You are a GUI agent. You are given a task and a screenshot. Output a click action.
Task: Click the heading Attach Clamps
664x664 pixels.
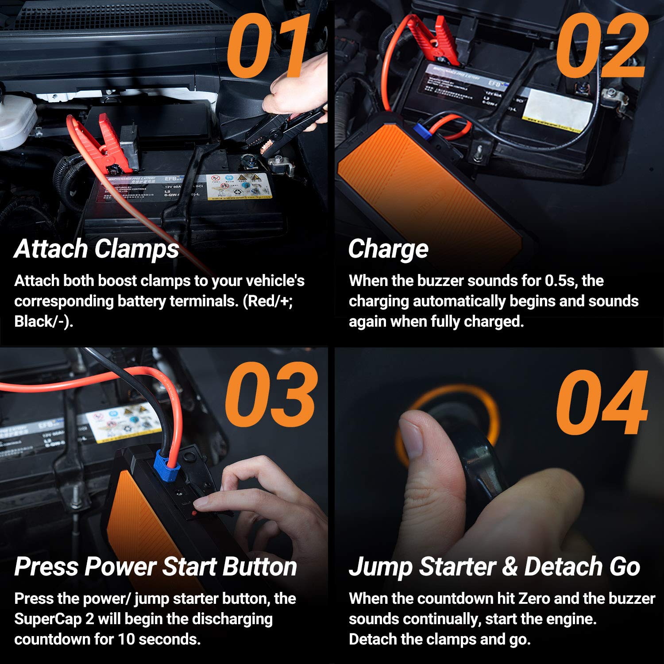(x=97, y=249)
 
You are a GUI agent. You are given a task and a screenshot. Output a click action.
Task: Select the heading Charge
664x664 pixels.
(x=388, y=249)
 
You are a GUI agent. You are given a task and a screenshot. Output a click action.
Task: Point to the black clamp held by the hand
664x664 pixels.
(x=274, y=128)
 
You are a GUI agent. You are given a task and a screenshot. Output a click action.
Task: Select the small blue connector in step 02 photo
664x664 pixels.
(x=421, y=131)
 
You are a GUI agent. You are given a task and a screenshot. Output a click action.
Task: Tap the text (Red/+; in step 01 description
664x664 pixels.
(x=268, y=301)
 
